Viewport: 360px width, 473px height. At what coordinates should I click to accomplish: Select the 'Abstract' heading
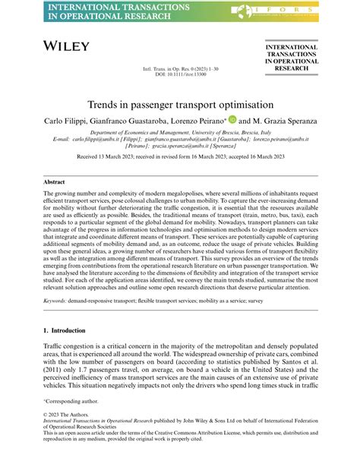pos(54,182)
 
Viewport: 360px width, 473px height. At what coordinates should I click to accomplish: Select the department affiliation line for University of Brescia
pos(179,132)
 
